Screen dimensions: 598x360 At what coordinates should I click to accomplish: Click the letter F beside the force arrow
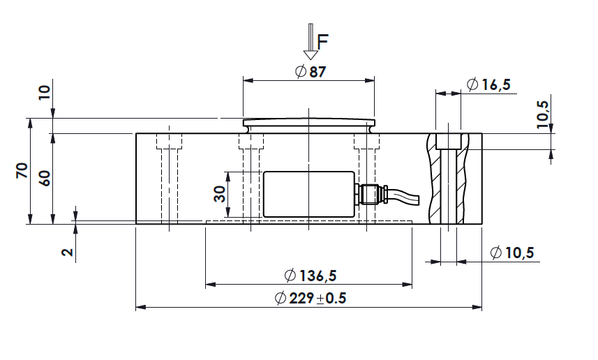tap(322, 42)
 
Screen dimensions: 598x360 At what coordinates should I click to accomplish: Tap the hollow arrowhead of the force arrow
tap(311, 55)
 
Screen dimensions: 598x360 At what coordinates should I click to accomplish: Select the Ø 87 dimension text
tap(311, 71)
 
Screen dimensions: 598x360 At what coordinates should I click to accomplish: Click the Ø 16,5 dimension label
tap(488, 84)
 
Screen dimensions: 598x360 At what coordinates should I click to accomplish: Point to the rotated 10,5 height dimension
tap(542, 115)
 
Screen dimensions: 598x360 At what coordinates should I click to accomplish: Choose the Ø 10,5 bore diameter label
tap(512, 253)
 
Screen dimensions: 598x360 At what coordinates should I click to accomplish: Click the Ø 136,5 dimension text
tap(311, 276)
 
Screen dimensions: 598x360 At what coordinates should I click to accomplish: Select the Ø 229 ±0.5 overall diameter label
tap(311, 298)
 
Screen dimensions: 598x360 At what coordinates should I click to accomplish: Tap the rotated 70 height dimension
tap(22, 170)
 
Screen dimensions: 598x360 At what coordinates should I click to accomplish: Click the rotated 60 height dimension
tap(45, 178)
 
